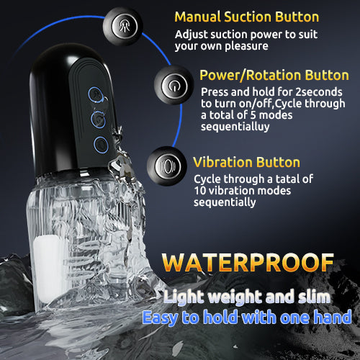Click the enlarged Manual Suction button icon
123,27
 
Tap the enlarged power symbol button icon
174,85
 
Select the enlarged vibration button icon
167,166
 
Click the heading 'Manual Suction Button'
247,17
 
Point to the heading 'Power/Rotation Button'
274,75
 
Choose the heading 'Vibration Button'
247,162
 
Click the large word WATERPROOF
248,263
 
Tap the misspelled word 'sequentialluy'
235,127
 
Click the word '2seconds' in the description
319,92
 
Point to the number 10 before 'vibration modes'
200,191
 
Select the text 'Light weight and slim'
247,297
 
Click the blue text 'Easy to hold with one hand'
247,318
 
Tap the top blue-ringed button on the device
95,94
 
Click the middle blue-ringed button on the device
98,119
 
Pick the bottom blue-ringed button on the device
101,145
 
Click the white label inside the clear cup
48,269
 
